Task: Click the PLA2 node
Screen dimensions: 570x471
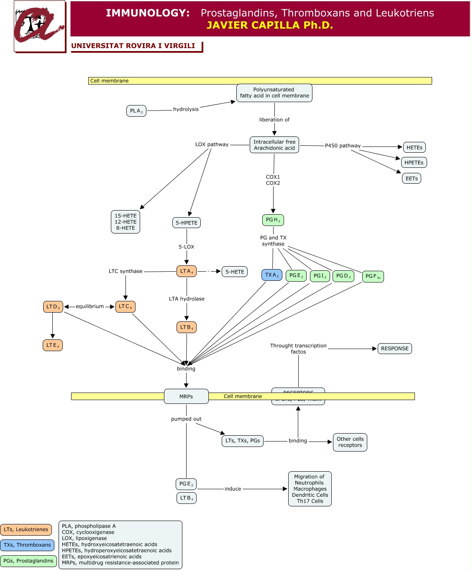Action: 136,111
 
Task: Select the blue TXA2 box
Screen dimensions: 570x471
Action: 272,275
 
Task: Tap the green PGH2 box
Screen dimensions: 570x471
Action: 273,220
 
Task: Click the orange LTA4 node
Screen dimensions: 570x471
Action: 187,271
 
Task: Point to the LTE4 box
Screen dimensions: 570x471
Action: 53,345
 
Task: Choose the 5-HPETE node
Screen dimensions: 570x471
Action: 187,223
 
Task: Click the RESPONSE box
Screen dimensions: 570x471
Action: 394,349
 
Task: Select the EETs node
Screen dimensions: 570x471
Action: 412,178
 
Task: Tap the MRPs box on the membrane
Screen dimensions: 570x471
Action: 186,396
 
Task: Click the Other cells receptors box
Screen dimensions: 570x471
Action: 350,442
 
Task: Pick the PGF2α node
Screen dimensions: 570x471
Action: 373,276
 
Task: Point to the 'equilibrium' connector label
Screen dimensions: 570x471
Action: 90,306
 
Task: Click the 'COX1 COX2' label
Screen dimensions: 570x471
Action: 273,180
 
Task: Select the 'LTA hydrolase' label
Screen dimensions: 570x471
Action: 187,299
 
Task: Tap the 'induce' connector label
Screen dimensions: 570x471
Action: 233,489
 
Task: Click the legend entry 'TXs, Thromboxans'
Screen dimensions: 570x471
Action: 27,545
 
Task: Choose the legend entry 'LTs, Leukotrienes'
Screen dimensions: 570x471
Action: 26,529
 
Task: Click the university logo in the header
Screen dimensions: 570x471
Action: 40,26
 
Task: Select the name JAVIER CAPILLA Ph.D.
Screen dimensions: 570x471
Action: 270,25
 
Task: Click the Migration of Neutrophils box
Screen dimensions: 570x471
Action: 310,489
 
